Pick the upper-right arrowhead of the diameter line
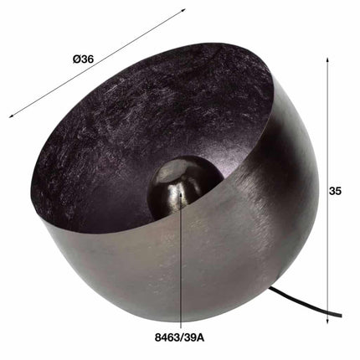(183, 11)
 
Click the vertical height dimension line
(325, 126)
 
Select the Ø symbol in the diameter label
(76, 59)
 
